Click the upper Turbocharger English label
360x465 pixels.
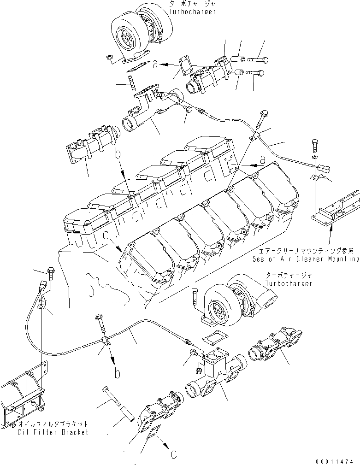click(192, 11)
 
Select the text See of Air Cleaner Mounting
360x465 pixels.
click(306, 259)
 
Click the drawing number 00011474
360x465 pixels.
click(335, 460)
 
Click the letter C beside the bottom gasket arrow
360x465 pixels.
click(173, 454)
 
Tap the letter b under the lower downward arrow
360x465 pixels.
click(118, 373)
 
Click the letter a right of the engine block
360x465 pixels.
click(262, 159)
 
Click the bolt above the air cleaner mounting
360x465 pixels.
click(315, 146)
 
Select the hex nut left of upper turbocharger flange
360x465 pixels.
click(110, 58)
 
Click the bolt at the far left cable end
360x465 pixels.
click(50, 272)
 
